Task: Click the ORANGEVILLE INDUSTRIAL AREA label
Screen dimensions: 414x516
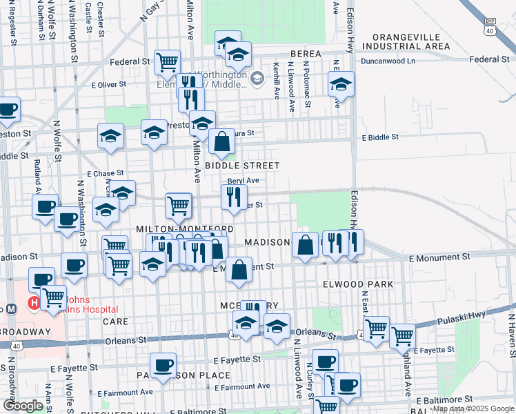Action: pos(410,41)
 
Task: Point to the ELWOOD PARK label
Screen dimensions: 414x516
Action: pos(357,284)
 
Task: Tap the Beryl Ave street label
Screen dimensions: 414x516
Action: pos(243,181)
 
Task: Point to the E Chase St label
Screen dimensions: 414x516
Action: pos(105,173)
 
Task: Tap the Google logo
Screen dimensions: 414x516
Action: pos(22,406)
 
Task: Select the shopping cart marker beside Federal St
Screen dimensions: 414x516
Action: pos(167,61)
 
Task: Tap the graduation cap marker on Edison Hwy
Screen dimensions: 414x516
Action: pos(341,84)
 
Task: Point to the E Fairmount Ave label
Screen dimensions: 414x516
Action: pos(129,392)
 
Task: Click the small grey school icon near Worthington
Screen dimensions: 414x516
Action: pos(257,79)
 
